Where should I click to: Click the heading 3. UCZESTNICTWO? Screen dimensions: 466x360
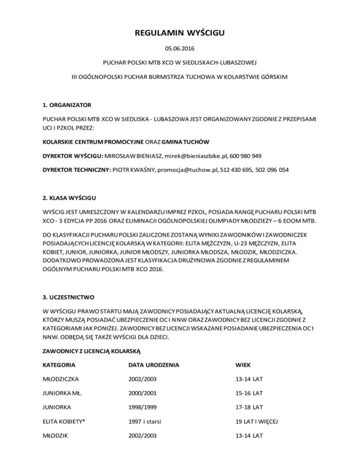tap(68, 297)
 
